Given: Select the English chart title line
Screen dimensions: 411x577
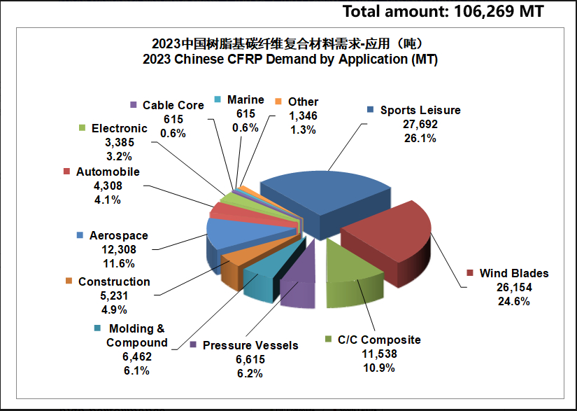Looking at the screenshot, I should coord(290,60).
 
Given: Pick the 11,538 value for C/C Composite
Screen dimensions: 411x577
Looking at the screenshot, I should coord(379,354).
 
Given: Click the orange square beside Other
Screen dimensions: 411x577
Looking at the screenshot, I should coord(278,102).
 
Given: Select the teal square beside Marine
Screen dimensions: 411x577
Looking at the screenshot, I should coord(218,99).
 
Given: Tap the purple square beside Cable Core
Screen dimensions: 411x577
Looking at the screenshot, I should coord(134,105).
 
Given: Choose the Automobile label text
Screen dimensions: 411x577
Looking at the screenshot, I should coord(108,172).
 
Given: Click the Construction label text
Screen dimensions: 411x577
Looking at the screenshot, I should coord(114,281).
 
